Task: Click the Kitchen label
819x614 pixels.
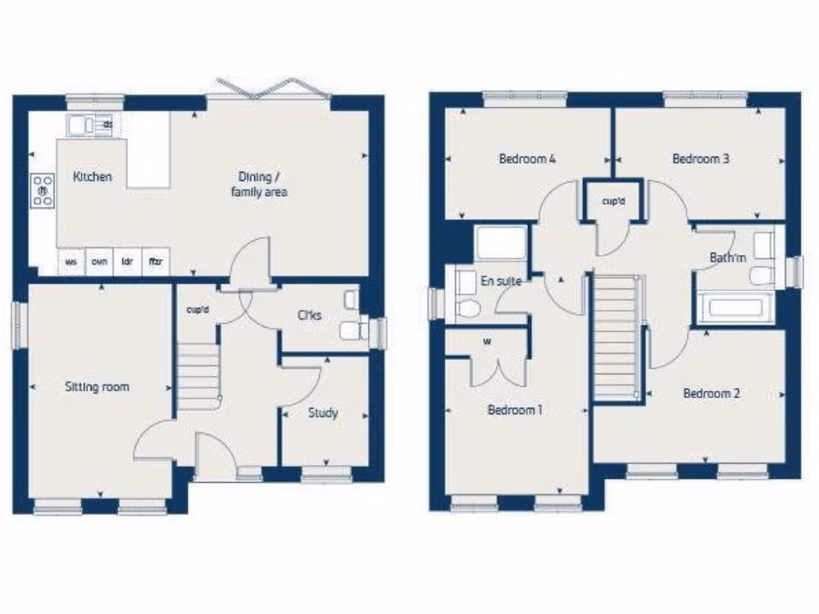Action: [93, 177]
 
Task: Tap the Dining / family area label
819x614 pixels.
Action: [259, 184]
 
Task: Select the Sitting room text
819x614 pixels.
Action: [97, 387]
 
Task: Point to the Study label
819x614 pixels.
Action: [323, 413]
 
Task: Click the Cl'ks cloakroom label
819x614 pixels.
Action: [310, 316]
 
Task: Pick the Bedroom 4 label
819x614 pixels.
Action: [527, 158]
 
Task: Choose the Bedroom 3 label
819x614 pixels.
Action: [701, 158]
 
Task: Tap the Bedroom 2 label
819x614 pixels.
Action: [711, 393]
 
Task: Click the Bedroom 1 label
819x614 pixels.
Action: [515, 410]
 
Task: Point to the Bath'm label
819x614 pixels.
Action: [728, 258]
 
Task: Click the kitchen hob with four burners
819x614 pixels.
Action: [42, 192]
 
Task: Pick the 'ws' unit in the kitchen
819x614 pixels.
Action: [70, 261]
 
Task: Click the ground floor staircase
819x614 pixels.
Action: [197, 371]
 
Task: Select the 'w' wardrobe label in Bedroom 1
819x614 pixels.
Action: [486, 341]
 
